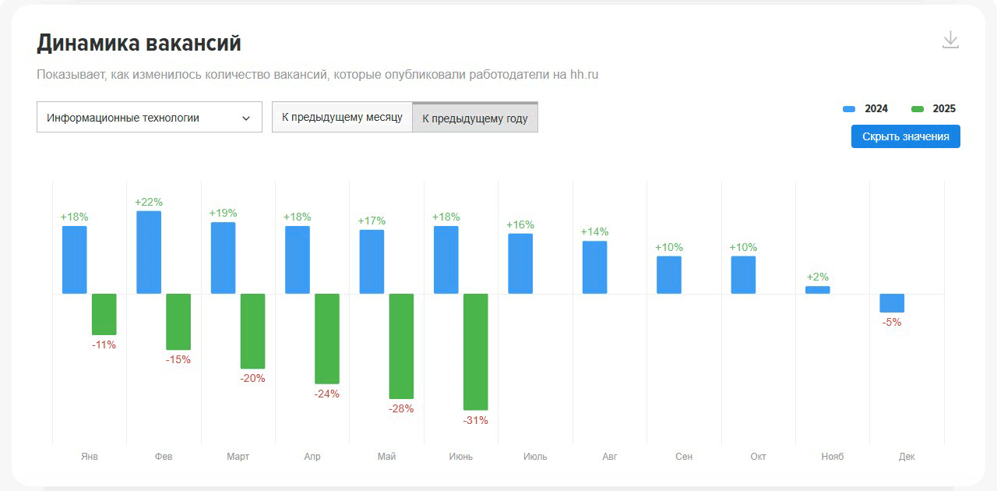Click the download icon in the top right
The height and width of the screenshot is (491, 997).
(950, 40)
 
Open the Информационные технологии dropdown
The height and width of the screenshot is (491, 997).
(149, 118)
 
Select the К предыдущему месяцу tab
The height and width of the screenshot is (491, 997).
(342, 118)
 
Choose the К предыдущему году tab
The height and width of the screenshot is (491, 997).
(475, 118)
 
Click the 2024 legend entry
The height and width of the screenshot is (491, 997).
(866, 109)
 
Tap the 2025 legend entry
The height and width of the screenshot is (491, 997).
(934, 109)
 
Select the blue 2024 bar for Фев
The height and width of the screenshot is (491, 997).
(149, 253)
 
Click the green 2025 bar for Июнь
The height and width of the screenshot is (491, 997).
(476, 351)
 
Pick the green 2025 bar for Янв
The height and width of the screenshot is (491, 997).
(104, 314)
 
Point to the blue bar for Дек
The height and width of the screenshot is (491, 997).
(892, 303)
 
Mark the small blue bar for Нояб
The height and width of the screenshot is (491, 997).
(818, 290)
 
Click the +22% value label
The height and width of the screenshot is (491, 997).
(149, 202)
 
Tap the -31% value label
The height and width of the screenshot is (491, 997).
(476, 420)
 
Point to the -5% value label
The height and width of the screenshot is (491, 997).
(892, 322)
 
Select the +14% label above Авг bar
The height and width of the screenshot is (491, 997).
(595, 231)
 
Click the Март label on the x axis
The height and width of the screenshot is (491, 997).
(238, 457)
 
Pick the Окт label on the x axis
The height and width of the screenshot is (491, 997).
(758, 457)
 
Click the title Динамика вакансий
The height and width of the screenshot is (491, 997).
(139, 44)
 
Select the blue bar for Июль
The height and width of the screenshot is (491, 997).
(520, 263)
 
